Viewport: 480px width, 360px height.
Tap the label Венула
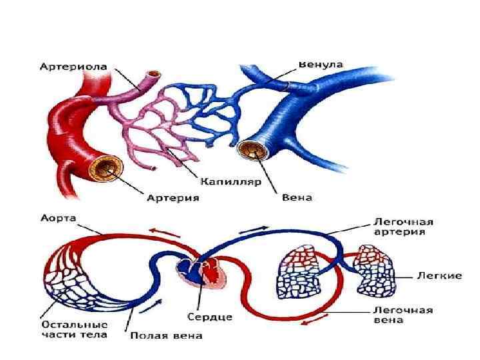(x=321, y=64)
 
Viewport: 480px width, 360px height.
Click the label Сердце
(x=209, y=316)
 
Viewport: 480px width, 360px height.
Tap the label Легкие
(x=439, y=275)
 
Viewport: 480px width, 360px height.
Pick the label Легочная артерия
(x=403, y=227)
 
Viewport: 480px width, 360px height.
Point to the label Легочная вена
(x=403, y=315)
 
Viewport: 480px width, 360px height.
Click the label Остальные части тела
(x=70, y=329)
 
